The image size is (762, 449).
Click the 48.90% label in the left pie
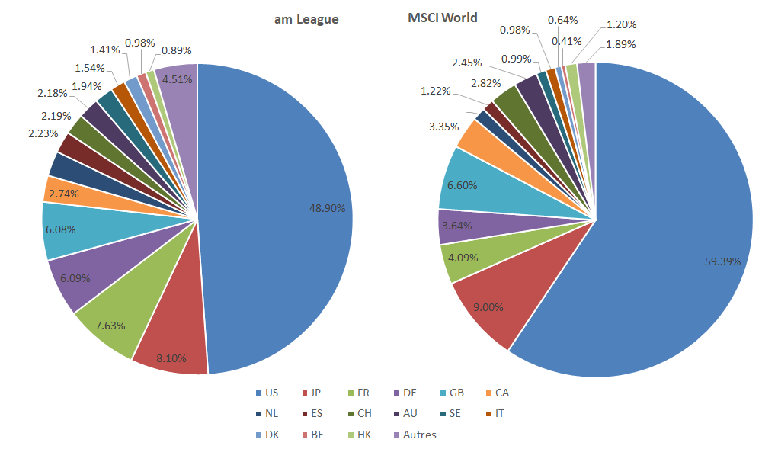click(327, 208)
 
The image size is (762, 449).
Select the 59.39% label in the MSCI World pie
click(722, 261)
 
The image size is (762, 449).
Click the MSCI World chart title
click(443, 17)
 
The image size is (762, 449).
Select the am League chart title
click(306, 20)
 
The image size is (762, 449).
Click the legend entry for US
click(267, 393)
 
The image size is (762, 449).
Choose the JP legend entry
click(312, 393)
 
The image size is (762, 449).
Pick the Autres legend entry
click(415, 435)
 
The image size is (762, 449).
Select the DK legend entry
click(267, 435)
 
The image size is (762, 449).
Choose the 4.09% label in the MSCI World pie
click(463, 257)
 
